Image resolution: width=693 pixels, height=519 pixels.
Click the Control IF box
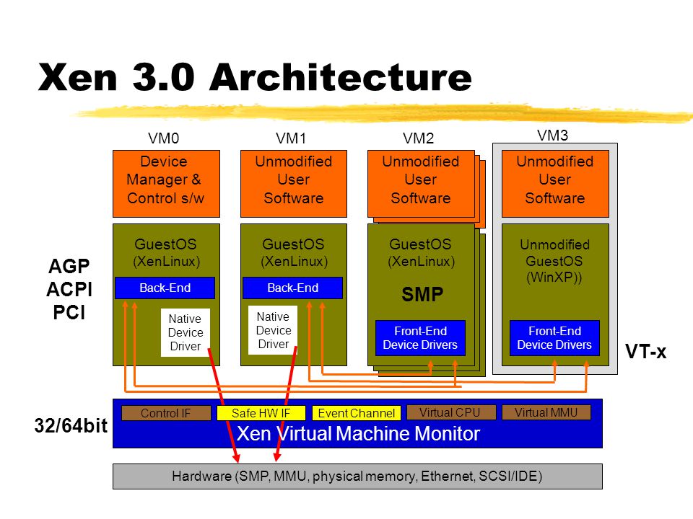click(166, 413)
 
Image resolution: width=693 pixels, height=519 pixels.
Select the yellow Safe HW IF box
click(261, 413)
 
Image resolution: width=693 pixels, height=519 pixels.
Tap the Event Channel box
click(356, 413)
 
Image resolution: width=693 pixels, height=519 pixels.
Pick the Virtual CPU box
click(451, 412)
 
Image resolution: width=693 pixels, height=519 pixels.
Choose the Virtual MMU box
click(546, 412)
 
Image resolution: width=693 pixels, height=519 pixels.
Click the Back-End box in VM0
click(165, 288)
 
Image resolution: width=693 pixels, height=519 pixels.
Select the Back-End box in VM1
click(292, 288)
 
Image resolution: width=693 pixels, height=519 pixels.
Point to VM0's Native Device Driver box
click(186, 332)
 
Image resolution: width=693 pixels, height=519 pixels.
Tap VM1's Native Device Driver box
click(273, 330)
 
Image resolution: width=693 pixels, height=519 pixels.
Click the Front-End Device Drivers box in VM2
click(420, 338)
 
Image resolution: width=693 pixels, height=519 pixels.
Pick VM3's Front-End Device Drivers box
click(554, 338)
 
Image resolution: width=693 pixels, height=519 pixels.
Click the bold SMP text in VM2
click(422, 294)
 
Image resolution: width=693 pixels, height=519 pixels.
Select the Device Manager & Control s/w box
click(166, 184)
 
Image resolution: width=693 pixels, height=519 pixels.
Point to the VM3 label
click(552, 135)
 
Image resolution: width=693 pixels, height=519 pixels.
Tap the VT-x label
click(645, 352)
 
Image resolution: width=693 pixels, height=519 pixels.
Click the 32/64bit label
click(71, 426)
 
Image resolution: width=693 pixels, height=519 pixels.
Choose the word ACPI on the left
click(69, 290)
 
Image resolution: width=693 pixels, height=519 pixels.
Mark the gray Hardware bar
click(357, 476)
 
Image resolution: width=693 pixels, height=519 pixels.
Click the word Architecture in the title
click(341, 77)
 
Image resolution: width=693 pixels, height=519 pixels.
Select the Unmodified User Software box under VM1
click(294, 184)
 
